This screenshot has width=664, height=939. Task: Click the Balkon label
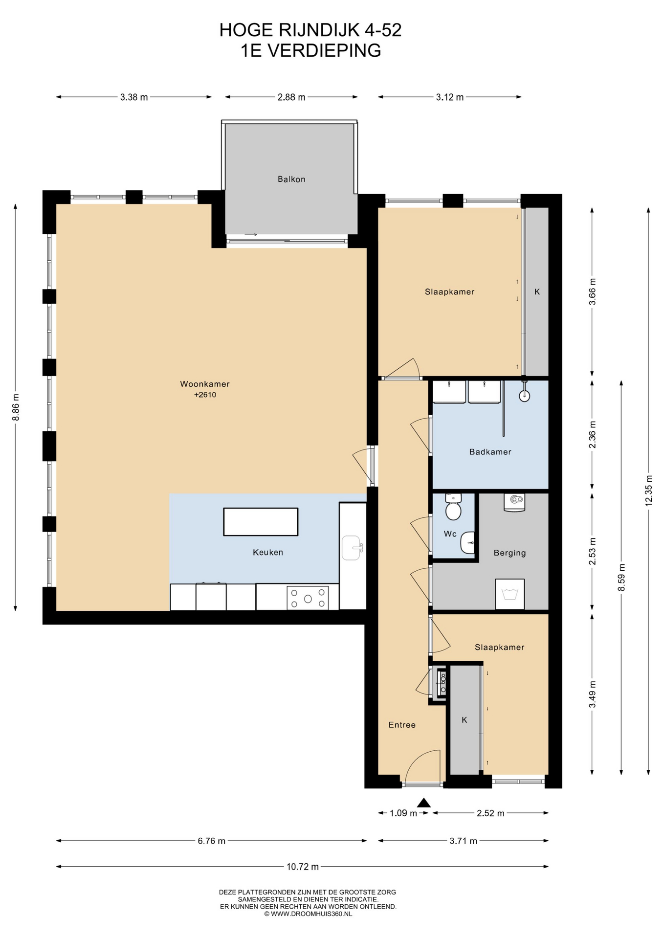click(291, 179)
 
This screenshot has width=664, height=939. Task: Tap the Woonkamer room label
click(205, 384)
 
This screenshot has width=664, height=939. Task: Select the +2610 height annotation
click(205, 395)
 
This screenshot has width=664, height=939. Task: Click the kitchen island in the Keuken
click(261, 522)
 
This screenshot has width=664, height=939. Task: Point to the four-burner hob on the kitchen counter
click(308, 598)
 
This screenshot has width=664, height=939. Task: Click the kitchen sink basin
click(352, 547)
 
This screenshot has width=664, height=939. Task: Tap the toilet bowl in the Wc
click(453, 511)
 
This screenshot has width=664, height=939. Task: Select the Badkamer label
click(490, 452)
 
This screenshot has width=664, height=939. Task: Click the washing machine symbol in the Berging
click(510, 594)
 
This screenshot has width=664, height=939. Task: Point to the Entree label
click(402, 725)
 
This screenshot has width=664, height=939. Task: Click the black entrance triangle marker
click(424, 803)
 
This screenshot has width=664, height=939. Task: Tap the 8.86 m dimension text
click(16, 407)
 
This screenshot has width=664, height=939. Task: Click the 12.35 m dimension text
click(649, 491)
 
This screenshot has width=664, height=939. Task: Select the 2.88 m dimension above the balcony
click(291, 97)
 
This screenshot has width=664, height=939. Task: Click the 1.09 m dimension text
click(403, 813)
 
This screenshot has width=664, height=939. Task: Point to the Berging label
click(510, 553)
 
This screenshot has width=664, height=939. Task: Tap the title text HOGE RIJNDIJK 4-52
click(310, 30)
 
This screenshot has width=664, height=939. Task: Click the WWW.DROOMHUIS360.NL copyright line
click(308, 913)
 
